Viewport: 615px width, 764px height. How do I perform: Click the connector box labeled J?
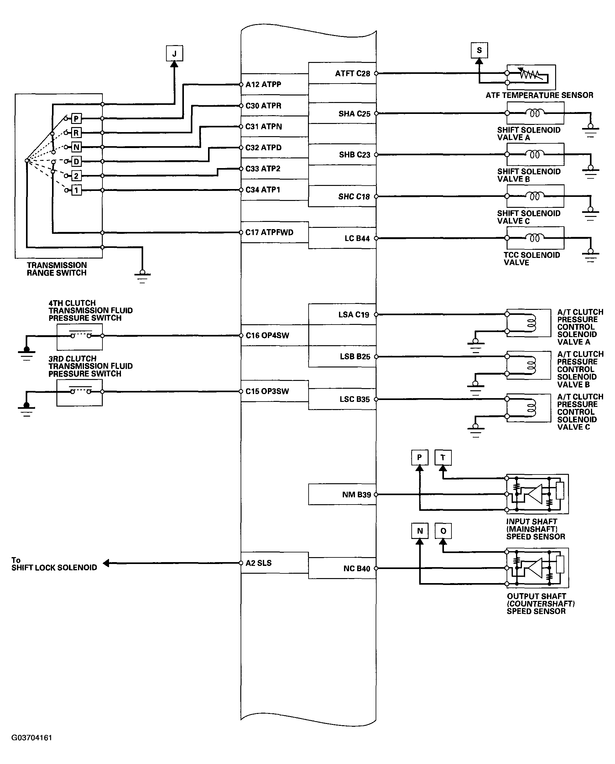click(x=174, y=54)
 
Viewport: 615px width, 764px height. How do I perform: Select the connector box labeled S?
click(x=479, y=50)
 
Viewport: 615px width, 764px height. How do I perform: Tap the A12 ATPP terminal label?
click(x=263, y=84)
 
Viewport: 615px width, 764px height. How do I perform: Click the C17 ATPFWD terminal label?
click(x=269, y=233)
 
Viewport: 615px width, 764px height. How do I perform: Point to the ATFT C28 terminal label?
click(x=352, y=73)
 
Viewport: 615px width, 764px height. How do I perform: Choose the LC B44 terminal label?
click(x=357, y=238)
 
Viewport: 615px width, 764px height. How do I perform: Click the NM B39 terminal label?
click(x=357, y=495)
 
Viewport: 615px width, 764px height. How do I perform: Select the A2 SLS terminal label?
click(x=258, y=563)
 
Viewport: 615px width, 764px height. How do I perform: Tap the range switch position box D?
click(x=76, y=162)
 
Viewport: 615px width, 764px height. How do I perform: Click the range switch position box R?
click(x=76, y=133)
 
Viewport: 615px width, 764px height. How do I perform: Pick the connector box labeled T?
click(x=443, y=458)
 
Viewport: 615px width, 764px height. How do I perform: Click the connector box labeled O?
click(x=443, y=531)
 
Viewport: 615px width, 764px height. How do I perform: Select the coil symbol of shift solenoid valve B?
click(x=534, y=155)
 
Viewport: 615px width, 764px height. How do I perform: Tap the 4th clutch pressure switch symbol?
click(x=80, y=336)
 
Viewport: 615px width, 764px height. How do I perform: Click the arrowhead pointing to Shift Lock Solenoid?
click(x=106, y=563)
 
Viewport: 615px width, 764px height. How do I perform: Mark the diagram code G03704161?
click(x=32, y=738)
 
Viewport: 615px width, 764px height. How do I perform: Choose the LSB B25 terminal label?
click(x=355, y=356)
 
